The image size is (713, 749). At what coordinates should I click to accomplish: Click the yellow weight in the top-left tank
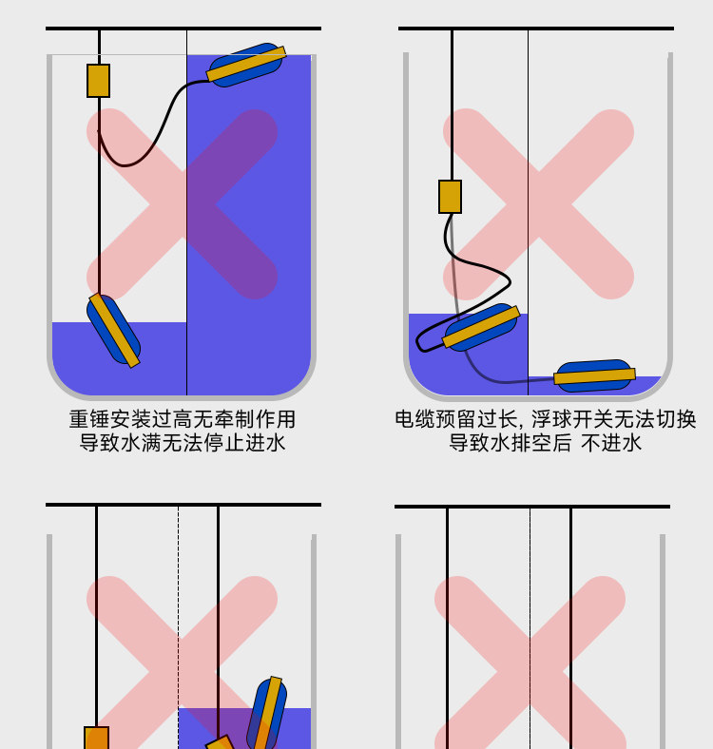(x=98, y=81)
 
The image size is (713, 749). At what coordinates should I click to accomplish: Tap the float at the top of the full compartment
(x=245, y=65)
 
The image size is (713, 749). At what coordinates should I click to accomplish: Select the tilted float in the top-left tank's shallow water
(x=114, y=330)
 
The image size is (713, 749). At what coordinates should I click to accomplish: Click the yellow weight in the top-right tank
(x=450, y=197)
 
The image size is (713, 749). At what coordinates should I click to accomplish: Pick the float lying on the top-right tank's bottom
(x=594, y=376)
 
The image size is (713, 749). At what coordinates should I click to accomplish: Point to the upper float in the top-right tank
(x=481, y=327)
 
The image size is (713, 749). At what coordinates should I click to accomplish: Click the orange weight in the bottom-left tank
(x=96, y=738)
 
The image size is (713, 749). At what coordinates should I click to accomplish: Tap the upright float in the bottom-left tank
(x=267, y=714)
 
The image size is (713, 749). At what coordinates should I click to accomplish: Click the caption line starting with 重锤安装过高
(x=182, y=419)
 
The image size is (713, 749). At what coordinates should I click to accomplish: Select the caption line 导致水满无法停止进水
(x=182, y=443)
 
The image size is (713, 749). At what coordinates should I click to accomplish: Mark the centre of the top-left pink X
(x=183, y=203)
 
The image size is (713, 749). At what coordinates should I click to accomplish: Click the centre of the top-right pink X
(x=538, y=203)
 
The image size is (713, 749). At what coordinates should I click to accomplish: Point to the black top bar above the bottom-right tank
(x=531, y=507)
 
